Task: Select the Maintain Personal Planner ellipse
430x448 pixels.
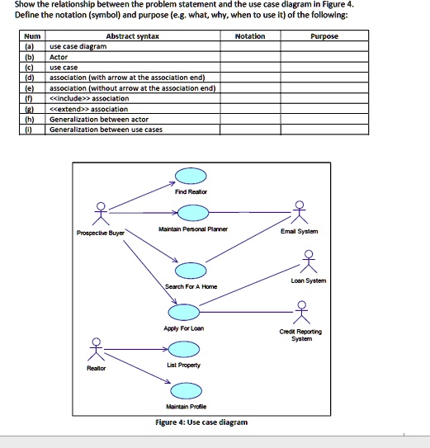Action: click(191, 214)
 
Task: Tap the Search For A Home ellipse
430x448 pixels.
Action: click(191, 271)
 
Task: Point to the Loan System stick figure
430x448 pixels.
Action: click(310, 262)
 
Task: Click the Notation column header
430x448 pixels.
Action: click(250, 36)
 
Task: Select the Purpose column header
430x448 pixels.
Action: click(324, 36)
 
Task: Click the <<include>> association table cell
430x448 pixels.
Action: click(89, 98)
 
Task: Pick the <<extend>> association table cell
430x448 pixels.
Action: click(89, 109)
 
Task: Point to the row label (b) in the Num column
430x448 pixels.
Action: click(31, 58)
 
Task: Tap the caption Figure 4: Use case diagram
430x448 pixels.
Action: click(201, 422)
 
